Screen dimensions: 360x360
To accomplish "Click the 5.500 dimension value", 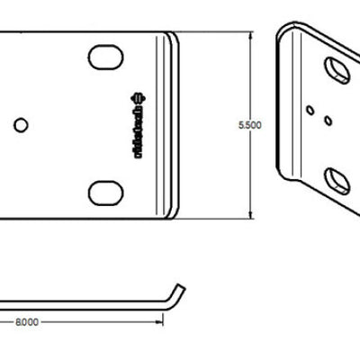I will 249,126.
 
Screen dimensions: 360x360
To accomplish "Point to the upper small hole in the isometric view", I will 310,110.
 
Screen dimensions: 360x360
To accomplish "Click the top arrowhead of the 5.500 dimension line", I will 249,36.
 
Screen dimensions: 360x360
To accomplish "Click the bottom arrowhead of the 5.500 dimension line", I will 249,213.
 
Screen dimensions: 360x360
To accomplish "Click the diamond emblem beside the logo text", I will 138,95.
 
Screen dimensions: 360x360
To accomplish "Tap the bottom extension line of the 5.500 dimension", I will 216,219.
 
